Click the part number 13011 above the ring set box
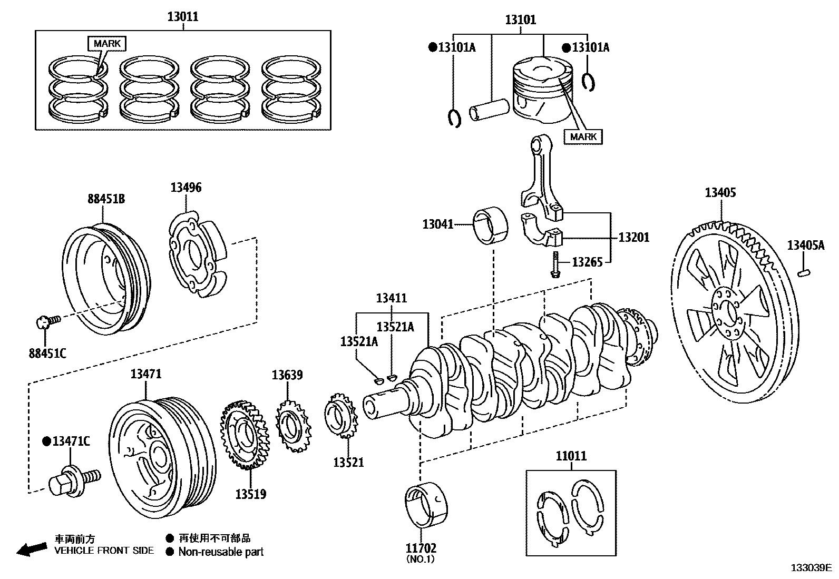[x=183, y=16]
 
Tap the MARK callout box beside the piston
[x=583, y=136]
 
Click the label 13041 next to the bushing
[x=437, y=224]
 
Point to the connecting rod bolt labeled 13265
[x=555, y=264]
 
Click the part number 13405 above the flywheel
[x=720, y=192]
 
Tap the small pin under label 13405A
[x=804, y=272]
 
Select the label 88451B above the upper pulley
[x=106, y=199]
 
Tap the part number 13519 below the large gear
[x=250, y=494]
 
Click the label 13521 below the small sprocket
[x=348, y=462]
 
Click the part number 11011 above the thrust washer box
[x=571, y=456]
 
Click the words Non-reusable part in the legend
[x=220, y=552]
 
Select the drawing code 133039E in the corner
[x=811, y=567]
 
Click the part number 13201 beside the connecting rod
[x=633, y=237]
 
